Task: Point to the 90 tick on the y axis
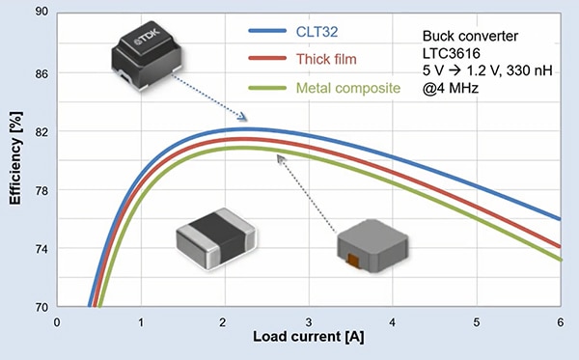click(41, 14)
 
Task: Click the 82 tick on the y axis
click(41, 131)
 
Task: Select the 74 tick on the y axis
click(41, 249)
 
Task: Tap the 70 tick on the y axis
click(41, 307)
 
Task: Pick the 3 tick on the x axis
click(308, 322)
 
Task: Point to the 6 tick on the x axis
click(559, 322)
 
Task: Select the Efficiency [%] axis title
click(15, 160)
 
